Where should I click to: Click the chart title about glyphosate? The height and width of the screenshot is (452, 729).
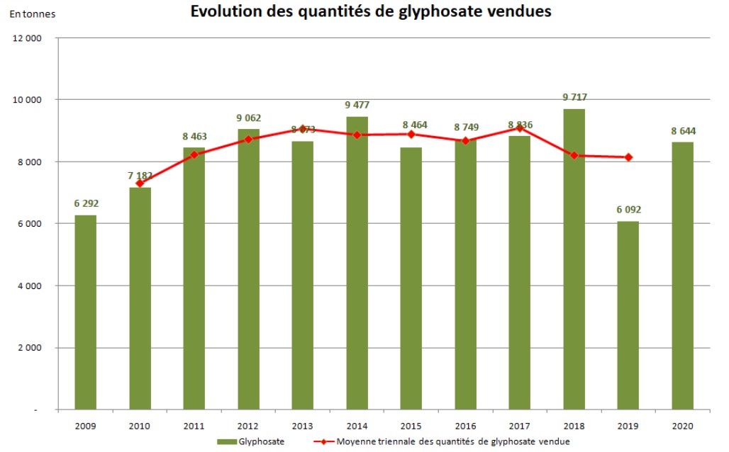(x=370, y=12)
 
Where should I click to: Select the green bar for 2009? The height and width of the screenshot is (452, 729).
(x=86, y=312)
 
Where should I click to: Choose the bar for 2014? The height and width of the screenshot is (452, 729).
(x=357, y=262)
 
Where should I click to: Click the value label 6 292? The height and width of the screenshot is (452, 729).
(x=86, y=203)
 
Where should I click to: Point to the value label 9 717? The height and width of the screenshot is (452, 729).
(x=574, y=97)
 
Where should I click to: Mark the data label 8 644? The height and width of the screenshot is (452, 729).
(x=682, y=130)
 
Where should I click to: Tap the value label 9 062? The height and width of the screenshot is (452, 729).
(x=249, y=118)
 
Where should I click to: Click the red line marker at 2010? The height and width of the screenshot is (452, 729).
(x=140, y=183)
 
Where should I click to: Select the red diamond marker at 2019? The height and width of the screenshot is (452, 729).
(x=628, y=157)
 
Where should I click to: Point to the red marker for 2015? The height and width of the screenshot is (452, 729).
(x=411, y=134)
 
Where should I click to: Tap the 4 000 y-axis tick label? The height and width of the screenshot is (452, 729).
(x=29, y=286)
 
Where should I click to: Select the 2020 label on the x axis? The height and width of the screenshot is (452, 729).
(x=682, y=426)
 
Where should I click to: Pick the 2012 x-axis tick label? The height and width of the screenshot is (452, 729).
(x=249, y=426)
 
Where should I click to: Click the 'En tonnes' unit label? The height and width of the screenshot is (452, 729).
(x=31, y=13)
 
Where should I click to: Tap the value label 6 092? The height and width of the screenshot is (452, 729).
(x=628, y=210)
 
